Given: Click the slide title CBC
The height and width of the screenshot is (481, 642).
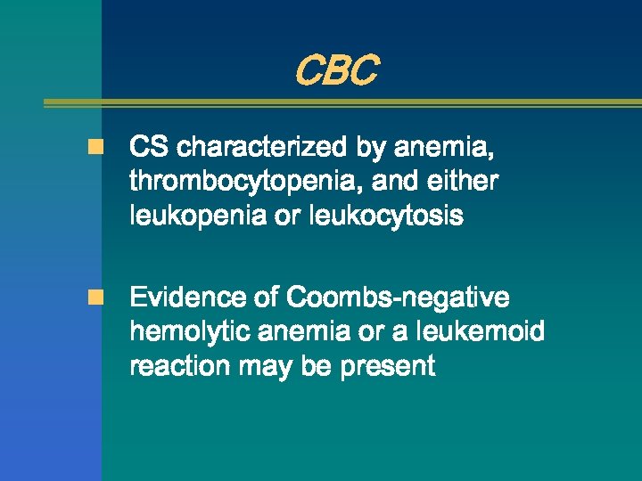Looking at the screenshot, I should pos(335,71).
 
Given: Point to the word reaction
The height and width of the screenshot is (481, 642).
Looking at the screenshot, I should pos(177,366).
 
